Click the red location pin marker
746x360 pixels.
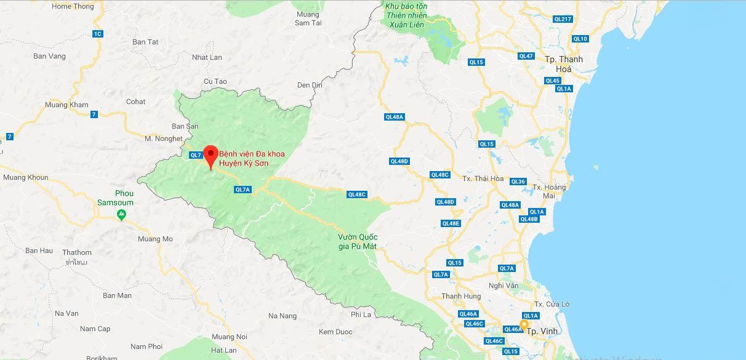tap(211, 155)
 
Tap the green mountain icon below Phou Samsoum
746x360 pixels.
tap(122, 215)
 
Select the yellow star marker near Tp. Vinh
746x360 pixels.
tap(524, 324)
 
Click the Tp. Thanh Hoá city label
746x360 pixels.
tap(564, 64)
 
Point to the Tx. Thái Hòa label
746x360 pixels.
tap(483, 179)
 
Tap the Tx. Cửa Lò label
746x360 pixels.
tap(552, 304)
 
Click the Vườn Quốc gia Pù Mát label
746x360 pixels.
tap(357, 242)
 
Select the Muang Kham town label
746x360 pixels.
tap(67, 105)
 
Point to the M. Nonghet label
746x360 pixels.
tap(164, 138)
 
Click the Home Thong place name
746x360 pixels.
tap(73, 7)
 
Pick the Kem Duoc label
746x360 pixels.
tap(335, 332)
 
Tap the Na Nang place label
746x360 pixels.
tap(283, 316)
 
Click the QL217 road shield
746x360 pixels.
tap(563, 20)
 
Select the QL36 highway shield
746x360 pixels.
tap(518, 182)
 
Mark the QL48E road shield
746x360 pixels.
tap(451, 223)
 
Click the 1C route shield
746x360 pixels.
tap(98, 34)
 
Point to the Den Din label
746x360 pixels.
tap(310, 84)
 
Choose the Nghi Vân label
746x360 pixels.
tap(503, 286)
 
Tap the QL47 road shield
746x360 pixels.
tap(526, 56)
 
